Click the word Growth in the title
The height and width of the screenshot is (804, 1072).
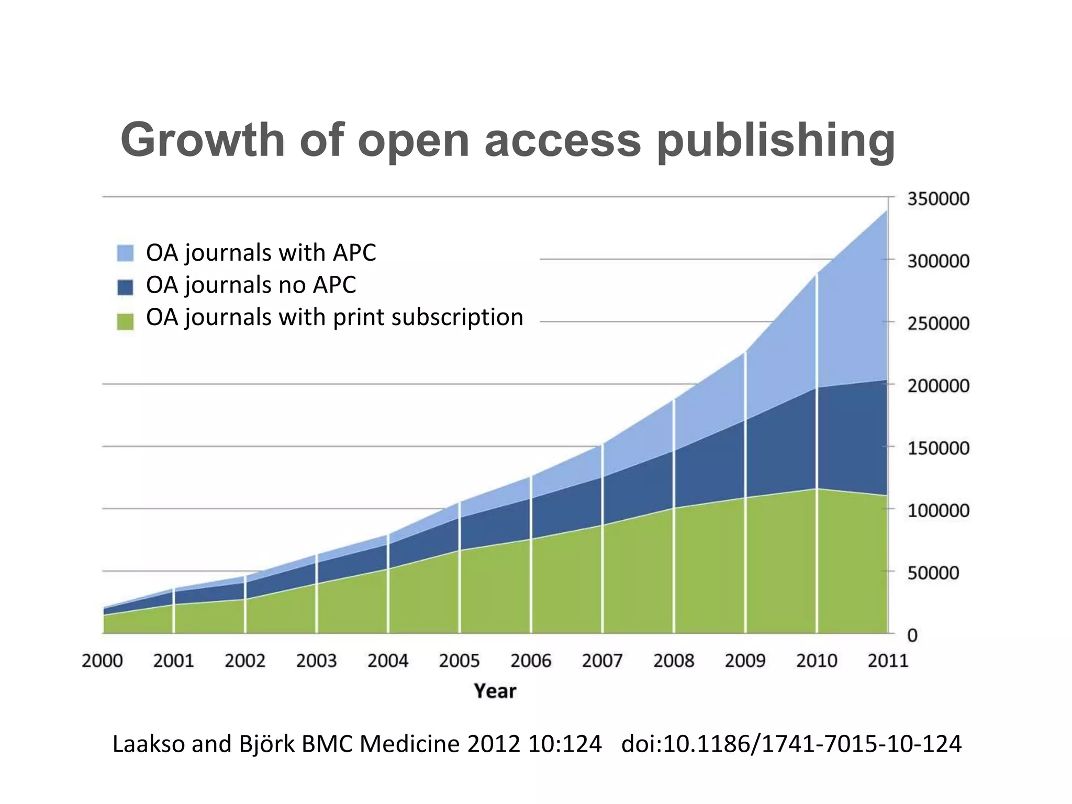click(x=203, y=140)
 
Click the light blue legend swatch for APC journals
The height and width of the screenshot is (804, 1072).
click(x=125, y=253)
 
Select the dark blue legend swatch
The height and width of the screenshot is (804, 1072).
click(x=125, y=286)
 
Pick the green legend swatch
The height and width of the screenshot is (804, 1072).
click(x=125, y=320)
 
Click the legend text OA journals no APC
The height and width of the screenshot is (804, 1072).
click(x=251, y=285)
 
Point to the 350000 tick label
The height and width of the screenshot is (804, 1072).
click(x=937, y=199)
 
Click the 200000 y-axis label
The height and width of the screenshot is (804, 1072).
click(x=937, y=386)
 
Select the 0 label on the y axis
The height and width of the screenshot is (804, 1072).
click(x=912, y=635)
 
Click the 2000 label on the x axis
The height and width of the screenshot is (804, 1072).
click(x=102, y=661)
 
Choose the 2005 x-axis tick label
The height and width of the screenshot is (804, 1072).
click(x=459, y=661)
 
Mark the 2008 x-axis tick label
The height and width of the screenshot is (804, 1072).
click(x=674, y=661)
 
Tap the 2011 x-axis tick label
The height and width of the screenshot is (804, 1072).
click(x=887, y=661)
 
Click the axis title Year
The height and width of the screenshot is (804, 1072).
click(x=495, y=691)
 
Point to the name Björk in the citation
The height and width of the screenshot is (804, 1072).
click(x=267, y=744)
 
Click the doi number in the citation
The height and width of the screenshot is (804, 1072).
click(x=791, y=744)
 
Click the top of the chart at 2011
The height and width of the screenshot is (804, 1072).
click(x=886, y=211)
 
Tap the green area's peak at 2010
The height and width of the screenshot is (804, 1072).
click(x=817, y=489)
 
